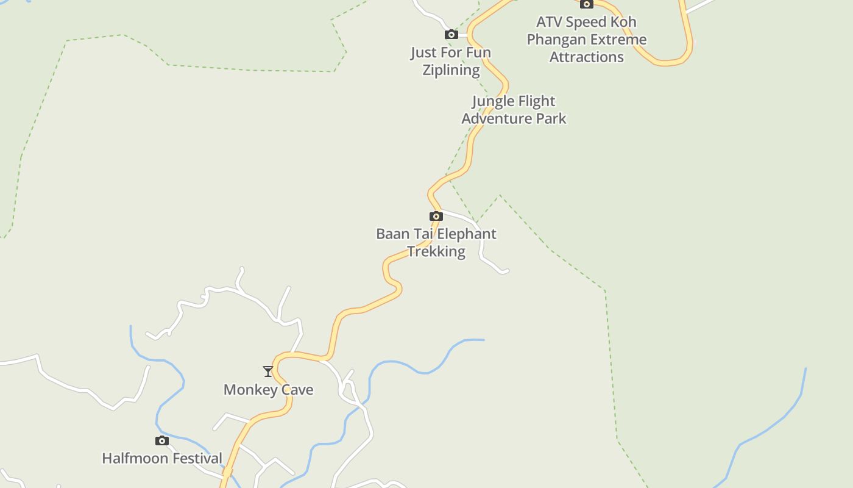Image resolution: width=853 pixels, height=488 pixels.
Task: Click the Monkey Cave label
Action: click(x=268, y=390)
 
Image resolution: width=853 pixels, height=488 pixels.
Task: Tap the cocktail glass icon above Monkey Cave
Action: click(x=267, y=371)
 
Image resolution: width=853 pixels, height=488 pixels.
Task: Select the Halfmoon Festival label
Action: click(x=161, y=458)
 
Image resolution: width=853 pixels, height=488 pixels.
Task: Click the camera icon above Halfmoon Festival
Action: click(x=161, y=440)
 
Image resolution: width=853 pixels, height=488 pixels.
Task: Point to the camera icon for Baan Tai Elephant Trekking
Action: click(x=436, y=216)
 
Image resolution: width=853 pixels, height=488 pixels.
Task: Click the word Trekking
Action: click(x=436, y=251)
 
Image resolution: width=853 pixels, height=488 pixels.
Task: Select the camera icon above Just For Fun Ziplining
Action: click(x=451, y=34)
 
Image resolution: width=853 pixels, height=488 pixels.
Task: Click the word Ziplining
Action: click(x=451, y=70)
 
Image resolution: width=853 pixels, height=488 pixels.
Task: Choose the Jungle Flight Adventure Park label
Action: click(x=514, y=110)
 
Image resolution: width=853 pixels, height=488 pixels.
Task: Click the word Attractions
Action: click(x=586, y=57)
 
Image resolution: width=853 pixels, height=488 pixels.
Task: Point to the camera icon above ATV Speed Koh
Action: click(x=586, y=4)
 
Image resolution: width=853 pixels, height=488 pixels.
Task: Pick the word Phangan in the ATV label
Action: click(x=554, y=40)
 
